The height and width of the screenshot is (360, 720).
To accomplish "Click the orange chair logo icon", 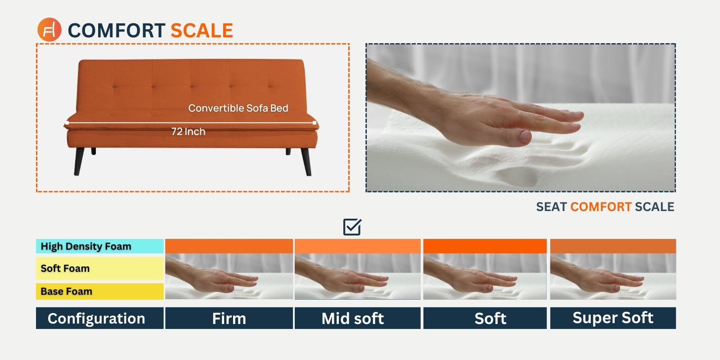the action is pyautogui.click(x=49, y=30).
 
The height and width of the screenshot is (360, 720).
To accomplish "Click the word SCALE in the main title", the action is pyautogui.click(x=202, y=31).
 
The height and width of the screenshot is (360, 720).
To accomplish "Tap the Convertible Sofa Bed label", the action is pyautogui.click(x=238, y=108).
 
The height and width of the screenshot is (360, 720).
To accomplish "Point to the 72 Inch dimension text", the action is pyautogui.click(x=188, y=131).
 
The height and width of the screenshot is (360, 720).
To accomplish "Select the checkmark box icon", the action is pyautogui.click(x=352, y=227).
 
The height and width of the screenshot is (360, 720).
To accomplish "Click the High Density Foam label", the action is pyautogui.click(x=86, y=246).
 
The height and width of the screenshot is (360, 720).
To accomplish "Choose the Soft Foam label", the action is pyautogui.click(x=65, y=268).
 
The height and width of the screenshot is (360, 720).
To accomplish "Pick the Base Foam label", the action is pyautogui.click(x=66, y=291).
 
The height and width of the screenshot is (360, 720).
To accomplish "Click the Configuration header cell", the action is pyautogui.click(x=96, y=318).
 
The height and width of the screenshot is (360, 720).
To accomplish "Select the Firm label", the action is pyautogui.click(x=229, y=318).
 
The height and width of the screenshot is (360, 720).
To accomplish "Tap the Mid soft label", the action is pyautogui.click(x=353, y=318).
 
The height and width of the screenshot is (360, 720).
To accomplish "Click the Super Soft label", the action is pyautogui.click(x=612, y=318).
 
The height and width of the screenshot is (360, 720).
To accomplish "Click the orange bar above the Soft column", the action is pyautogui.click(x=485, y=246).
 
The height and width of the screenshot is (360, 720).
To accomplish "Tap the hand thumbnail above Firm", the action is pyautogui.click(x=229, y=276).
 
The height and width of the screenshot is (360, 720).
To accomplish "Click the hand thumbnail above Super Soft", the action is pyautogui.click(x=612, y=276).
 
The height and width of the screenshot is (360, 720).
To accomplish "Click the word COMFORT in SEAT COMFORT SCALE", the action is pyautogui.click(x=601, y=207).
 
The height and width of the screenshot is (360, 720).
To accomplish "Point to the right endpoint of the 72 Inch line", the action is pyautogui.click(x=314, y=122).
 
